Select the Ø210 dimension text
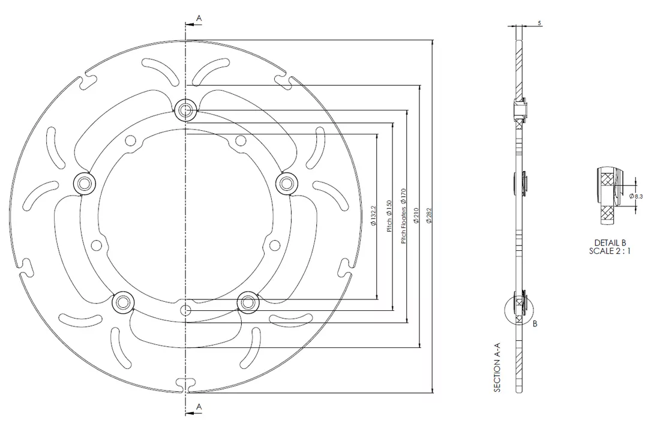pyautogui.click(x=415, y=215)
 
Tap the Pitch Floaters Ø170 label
pyautogui.click(x=404, y=215)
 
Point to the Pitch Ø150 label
pyautogui.click(x=389, y=215)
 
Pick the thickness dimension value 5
pyautogui.click(x=539, y=23)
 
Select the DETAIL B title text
pyautogui.click(x=610, y=242)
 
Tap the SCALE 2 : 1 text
pyautogui.click(x=610, y=251)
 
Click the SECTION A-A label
pyautogui.click(x=497, y=371)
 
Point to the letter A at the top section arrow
pyautogui.click(x=199, y=19)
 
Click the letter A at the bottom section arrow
pyautogui.click(x=199, y=406)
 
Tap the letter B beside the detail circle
pyautogui.click(x=535, y=323)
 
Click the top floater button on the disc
pyautogui.click(x=186, y=110)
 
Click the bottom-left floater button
pyautogui.click(x=124, y=301)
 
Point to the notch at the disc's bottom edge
pyautogui.click(x=186, y=383)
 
